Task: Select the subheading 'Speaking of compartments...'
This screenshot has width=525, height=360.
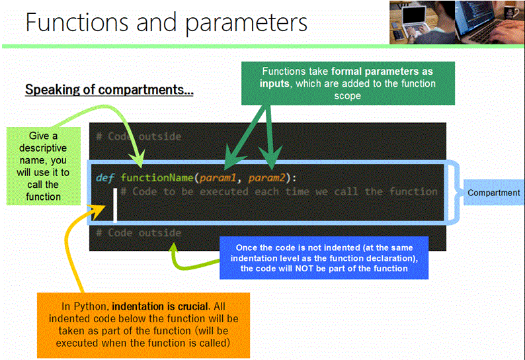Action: coord(109,89)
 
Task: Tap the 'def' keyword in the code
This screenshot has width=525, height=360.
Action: coord(106,177)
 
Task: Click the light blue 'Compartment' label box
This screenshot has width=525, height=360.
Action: coord(493,193)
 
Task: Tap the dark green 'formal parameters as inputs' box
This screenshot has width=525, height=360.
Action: coord(348,83)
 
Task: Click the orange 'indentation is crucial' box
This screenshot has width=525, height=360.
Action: coord(143,324)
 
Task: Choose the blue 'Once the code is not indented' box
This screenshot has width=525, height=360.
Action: coord(323,258)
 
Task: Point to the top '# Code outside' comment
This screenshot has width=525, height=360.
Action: coord(138,136)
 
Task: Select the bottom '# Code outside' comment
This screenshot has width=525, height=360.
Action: coord(138,233)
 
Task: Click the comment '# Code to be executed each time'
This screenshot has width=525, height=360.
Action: coord(279,192)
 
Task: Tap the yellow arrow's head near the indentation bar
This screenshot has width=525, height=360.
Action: coord(99,208)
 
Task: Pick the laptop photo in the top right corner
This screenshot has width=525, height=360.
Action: coord(456,22)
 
